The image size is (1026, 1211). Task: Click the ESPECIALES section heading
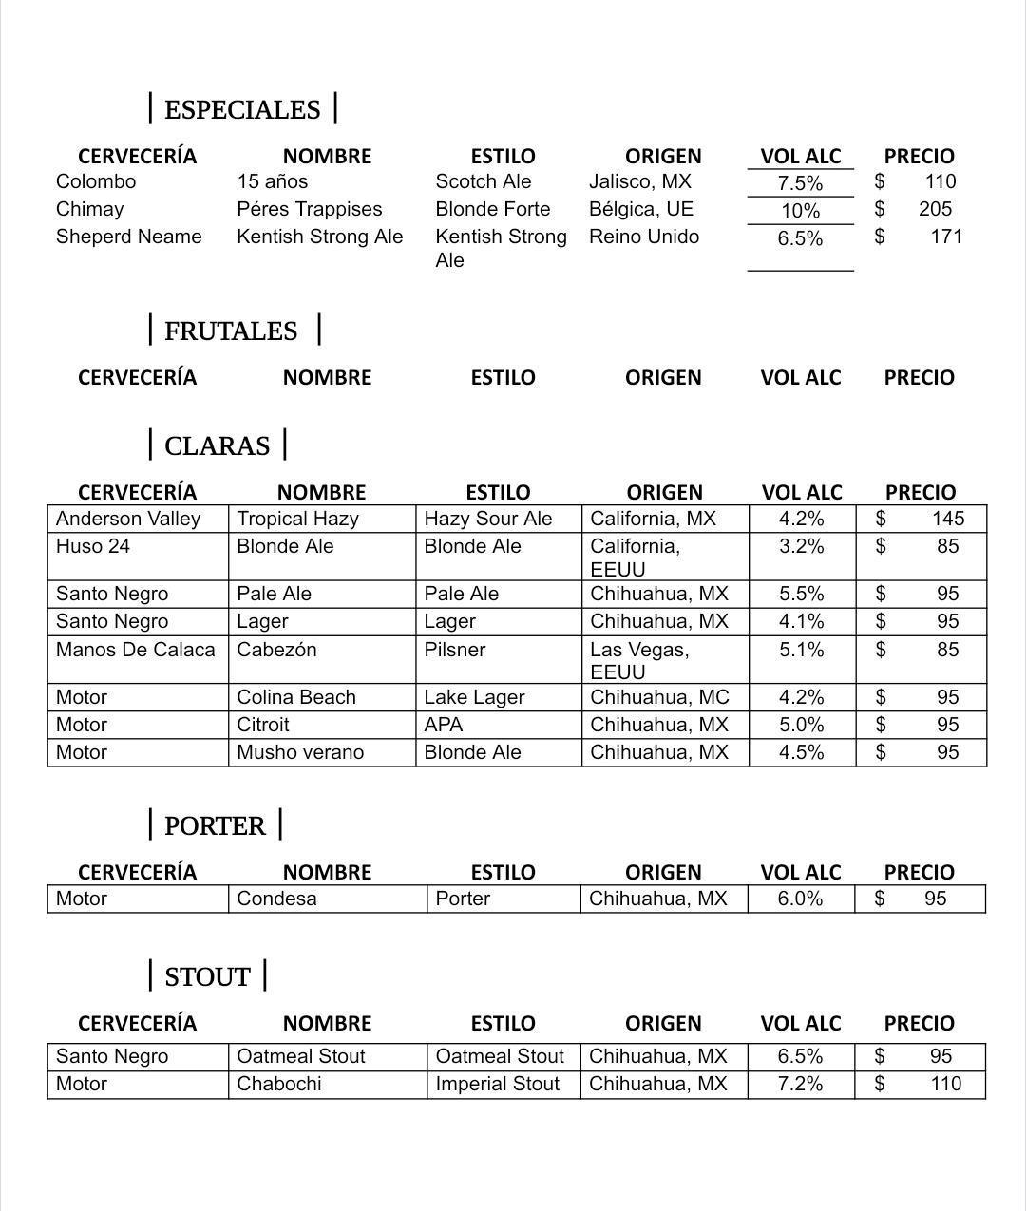pos(242,109)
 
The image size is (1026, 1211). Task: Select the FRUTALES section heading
pos(231,331)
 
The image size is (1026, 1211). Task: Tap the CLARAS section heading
pos(217,445)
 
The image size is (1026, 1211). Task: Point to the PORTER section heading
pos(215,825)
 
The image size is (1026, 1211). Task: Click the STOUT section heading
pos(207,976)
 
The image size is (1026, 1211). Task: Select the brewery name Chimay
pos(89,209)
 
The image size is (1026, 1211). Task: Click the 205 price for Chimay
pos(935,209)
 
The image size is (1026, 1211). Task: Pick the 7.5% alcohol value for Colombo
pos(800,183)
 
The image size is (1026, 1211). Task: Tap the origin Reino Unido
pos(643,237)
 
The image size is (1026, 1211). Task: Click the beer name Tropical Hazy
pos(297,519)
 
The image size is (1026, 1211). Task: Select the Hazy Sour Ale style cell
pos(487,519)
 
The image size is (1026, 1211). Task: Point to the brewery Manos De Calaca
pos(135,650)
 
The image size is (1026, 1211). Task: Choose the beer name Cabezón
pos(276,650)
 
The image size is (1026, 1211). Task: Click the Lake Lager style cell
pos(473,697)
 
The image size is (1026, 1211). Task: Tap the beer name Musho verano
pos(299,752)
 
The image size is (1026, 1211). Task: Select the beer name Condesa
pos(276,899)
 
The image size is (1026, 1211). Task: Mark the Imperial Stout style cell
pos(497,1084)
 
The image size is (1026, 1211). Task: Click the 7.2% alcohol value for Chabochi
pos(800,1084)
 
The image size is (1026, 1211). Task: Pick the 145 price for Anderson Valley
pos(947,519)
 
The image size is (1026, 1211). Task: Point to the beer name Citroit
pos(262,725)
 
